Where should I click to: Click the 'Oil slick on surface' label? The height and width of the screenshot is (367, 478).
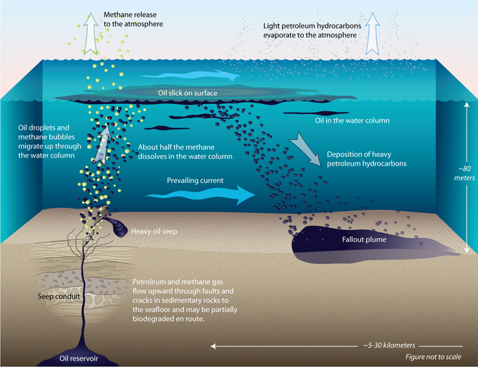(188, 93)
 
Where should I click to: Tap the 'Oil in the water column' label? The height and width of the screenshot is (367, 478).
(352, 121)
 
